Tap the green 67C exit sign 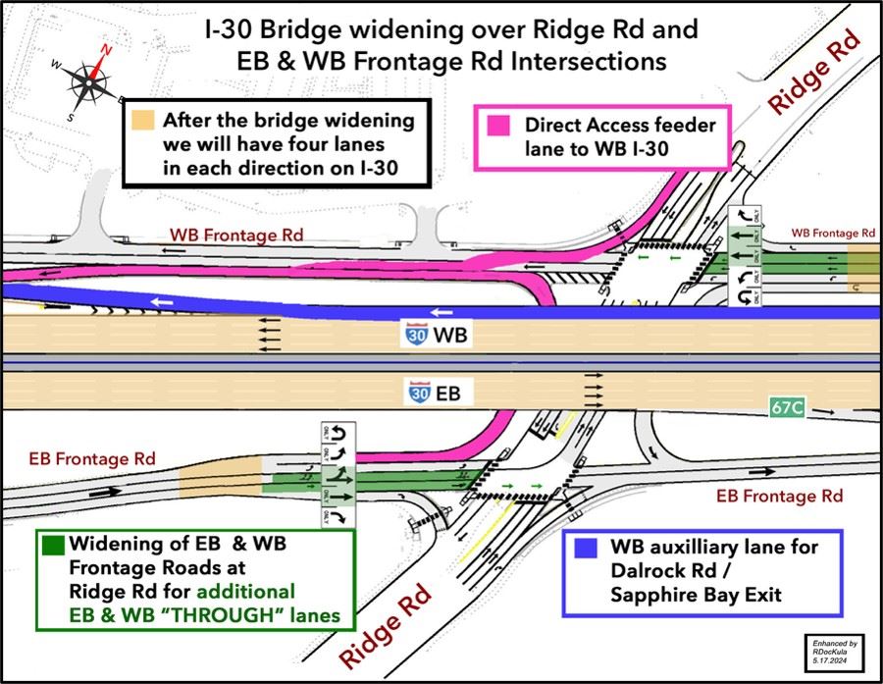coord(787,405)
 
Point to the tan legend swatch coord(143,122)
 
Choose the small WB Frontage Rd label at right coord(833,233)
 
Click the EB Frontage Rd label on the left coord(91,457)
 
